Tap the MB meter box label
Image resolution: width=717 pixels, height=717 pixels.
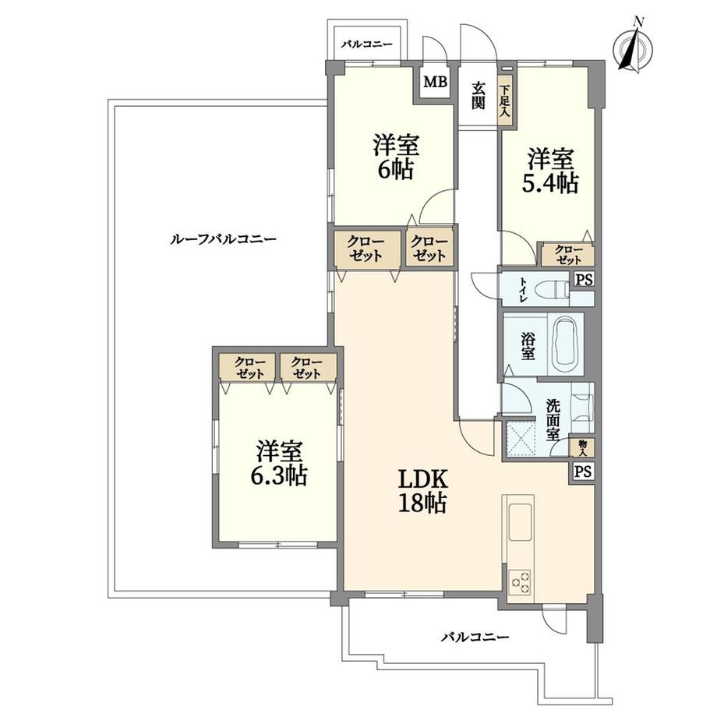coord(435,81)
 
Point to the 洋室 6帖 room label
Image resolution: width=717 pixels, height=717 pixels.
coord(396,157)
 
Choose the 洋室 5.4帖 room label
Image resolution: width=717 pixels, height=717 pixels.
coord(550,171)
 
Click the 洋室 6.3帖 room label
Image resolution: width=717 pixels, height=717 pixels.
coord(278,463)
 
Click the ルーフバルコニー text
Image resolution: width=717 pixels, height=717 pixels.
coord(222,239)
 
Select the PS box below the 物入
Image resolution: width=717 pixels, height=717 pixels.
coord(582,471)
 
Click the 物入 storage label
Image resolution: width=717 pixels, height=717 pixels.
coord(582,447)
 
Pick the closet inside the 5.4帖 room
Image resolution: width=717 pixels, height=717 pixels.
coord(567,254)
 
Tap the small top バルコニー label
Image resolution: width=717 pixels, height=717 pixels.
coord(366,45)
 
